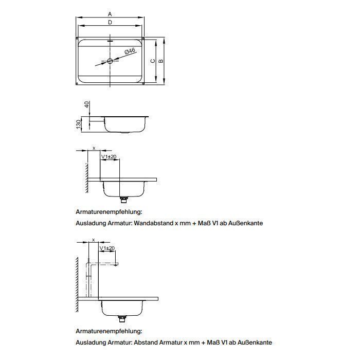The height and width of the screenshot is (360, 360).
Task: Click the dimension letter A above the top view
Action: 110,14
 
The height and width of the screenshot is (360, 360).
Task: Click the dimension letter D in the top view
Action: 110,23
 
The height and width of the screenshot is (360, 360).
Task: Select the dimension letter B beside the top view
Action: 161,61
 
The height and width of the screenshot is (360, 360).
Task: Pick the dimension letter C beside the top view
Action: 152,61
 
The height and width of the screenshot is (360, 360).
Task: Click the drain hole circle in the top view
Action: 110,61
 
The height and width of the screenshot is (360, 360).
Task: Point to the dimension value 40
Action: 87,104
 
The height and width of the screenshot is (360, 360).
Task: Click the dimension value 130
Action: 79,124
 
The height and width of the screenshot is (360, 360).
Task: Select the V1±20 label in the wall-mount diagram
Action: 109,156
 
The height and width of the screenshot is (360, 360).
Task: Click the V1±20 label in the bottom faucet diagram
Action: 107,248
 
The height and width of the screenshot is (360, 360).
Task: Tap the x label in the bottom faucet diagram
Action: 93,240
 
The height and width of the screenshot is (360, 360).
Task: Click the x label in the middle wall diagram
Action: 94,148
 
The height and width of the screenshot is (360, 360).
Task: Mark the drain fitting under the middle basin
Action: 123,199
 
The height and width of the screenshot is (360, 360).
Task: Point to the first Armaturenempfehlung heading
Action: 109,211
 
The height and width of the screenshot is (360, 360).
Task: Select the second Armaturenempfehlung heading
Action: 109,332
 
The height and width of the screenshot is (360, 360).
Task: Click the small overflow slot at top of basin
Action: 110,40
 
